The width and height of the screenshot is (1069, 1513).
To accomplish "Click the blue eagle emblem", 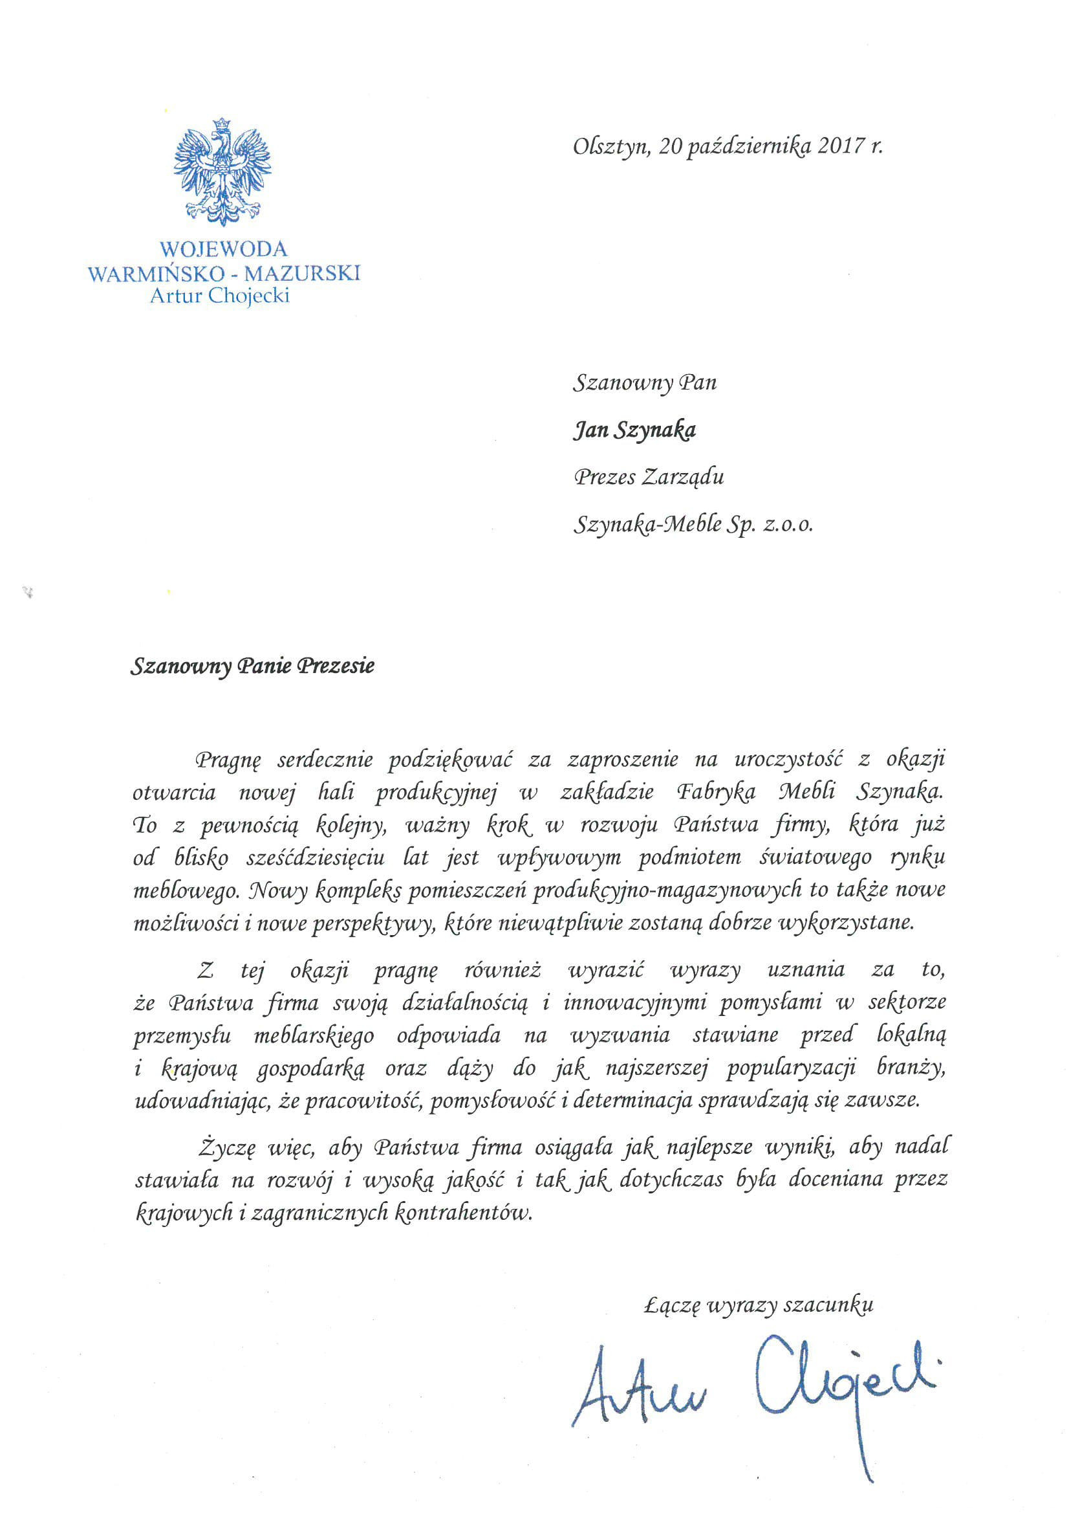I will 222,171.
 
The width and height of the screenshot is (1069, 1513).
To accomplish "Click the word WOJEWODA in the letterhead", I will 223,249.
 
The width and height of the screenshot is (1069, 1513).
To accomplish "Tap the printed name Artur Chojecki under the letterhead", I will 219,295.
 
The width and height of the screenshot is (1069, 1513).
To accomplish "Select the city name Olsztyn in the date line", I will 609,146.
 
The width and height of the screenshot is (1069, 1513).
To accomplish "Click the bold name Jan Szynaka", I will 634,430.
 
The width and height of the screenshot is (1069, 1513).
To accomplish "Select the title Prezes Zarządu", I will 649,477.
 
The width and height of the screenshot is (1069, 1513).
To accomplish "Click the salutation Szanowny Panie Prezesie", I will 252,666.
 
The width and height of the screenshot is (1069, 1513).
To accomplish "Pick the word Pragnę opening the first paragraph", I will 228,760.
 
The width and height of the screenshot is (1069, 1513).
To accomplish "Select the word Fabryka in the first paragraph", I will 717,792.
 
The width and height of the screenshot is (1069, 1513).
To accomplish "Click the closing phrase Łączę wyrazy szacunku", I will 758,1305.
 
